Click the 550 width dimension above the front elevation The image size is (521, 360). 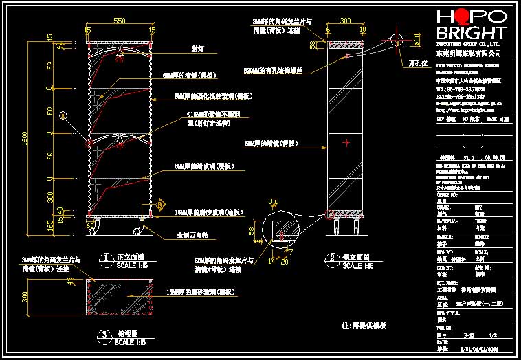119,22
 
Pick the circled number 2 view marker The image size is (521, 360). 332,259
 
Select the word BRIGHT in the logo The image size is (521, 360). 471,33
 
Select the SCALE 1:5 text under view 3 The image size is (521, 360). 131,341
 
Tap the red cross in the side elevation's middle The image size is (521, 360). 347,143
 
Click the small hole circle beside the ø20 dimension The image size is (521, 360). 397,40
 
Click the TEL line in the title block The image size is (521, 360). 468,89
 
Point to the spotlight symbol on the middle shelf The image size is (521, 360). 121,142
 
